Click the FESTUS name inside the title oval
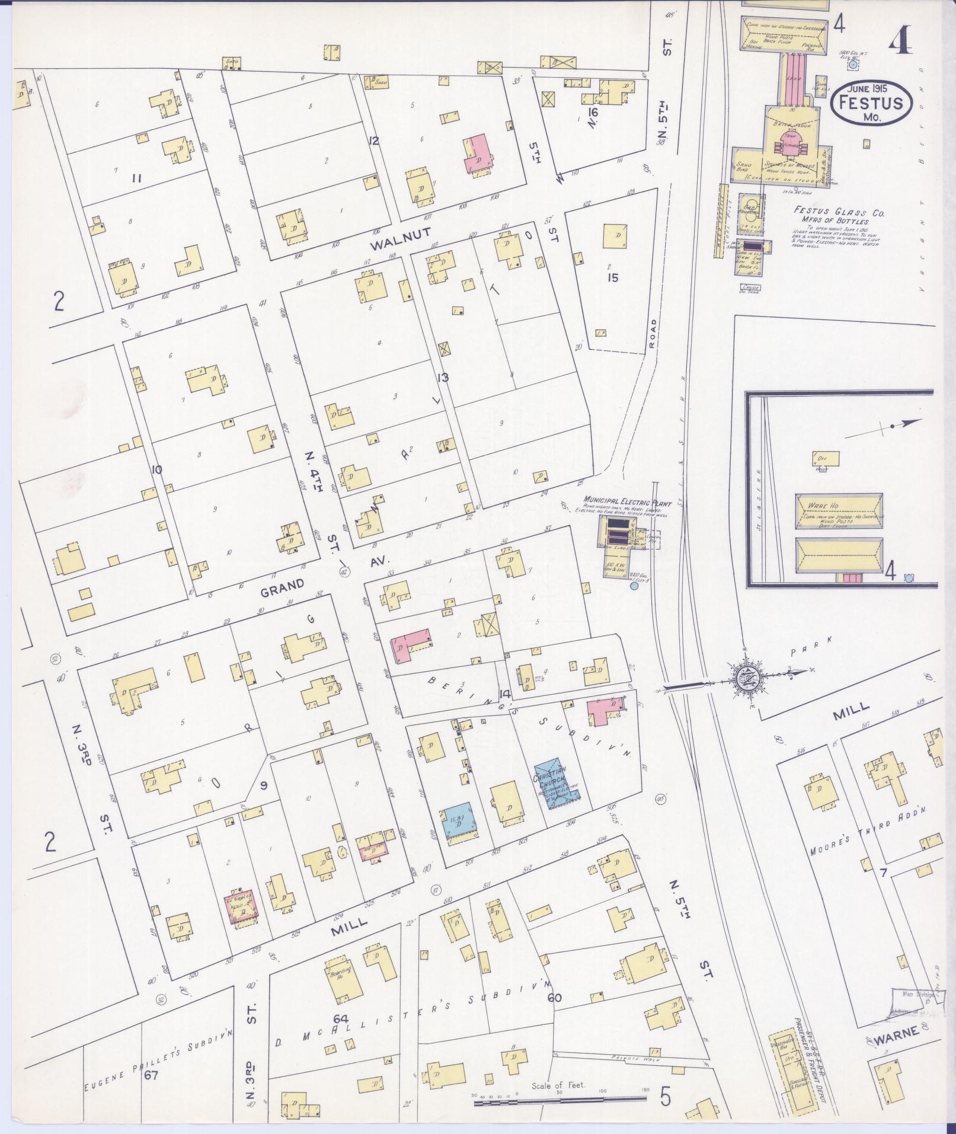[x=870, y=103]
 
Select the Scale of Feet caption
[x=558, y=1085]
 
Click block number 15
[x=612, y=277]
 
